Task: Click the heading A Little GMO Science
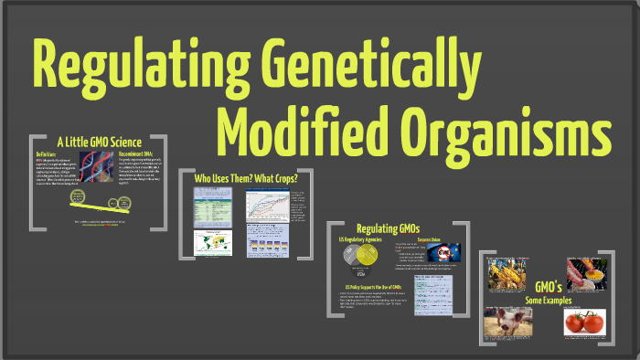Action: pyautogui.click(x=98, y=142)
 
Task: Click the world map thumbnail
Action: pyautogui.click(x=213, y=241)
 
